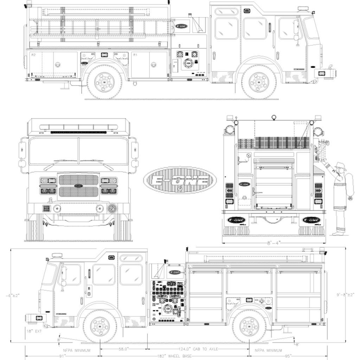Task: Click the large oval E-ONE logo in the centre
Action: tap(180, 180)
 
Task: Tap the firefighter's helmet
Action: tap(340, 166)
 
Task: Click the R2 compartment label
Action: tap(34, 55)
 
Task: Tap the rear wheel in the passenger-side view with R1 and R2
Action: tap(104, 82)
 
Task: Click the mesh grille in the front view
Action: tap(78, 185)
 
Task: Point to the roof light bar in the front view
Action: tap(79, 128)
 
